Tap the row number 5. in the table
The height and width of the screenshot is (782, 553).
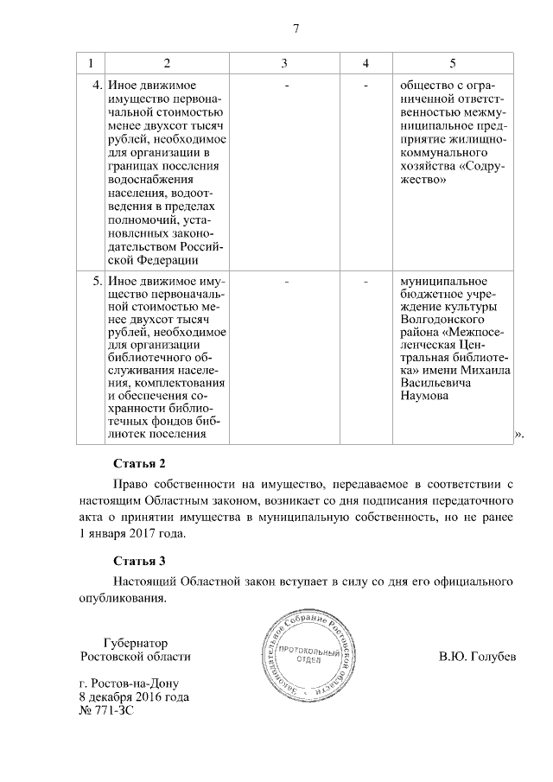coord(96,282)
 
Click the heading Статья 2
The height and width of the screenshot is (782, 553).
coord(139,463)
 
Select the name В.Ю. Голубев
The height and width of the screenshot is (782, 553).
coord(477,657)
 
